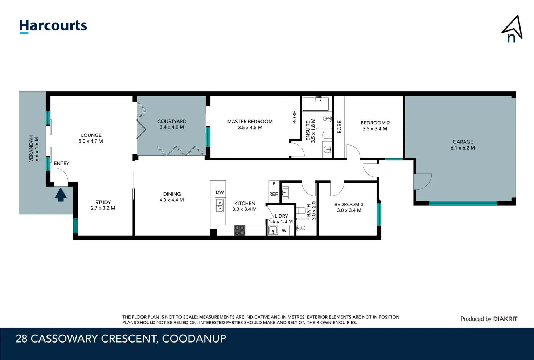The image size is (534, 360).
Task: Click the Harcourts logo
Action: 53,26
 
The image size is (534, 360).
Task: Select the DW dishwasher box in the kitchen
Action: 220,192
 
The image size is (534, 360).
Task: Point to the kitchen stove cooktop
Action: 240,230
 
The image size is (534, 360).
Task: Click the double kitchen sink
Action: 219,205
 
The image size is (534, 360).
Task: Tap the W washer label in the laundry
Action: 284,230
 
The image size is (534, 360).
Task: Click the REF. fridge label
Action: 274,194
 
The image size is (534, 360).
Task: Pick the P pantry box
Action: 274,184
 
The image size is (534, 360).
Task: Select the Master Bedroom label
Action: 250,122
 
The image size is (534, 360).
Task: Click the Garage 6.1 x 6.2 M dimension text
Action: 463,148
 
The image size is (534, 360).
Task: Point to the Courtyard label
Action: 172,121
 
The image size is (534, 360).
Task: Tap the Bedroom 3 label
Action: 349,205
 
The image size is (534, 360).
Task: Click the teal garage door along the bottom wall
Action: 463,203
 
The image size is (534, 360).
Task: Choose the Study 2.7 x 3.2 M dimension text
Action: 103,208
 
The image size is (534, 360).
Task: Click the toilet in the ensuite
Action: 327,135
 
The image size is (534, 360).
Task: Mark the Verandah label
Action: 31,149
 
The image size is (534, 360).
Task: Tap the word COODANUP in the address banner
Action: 194,339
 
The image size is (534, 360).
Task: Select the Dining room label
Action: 172,194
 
